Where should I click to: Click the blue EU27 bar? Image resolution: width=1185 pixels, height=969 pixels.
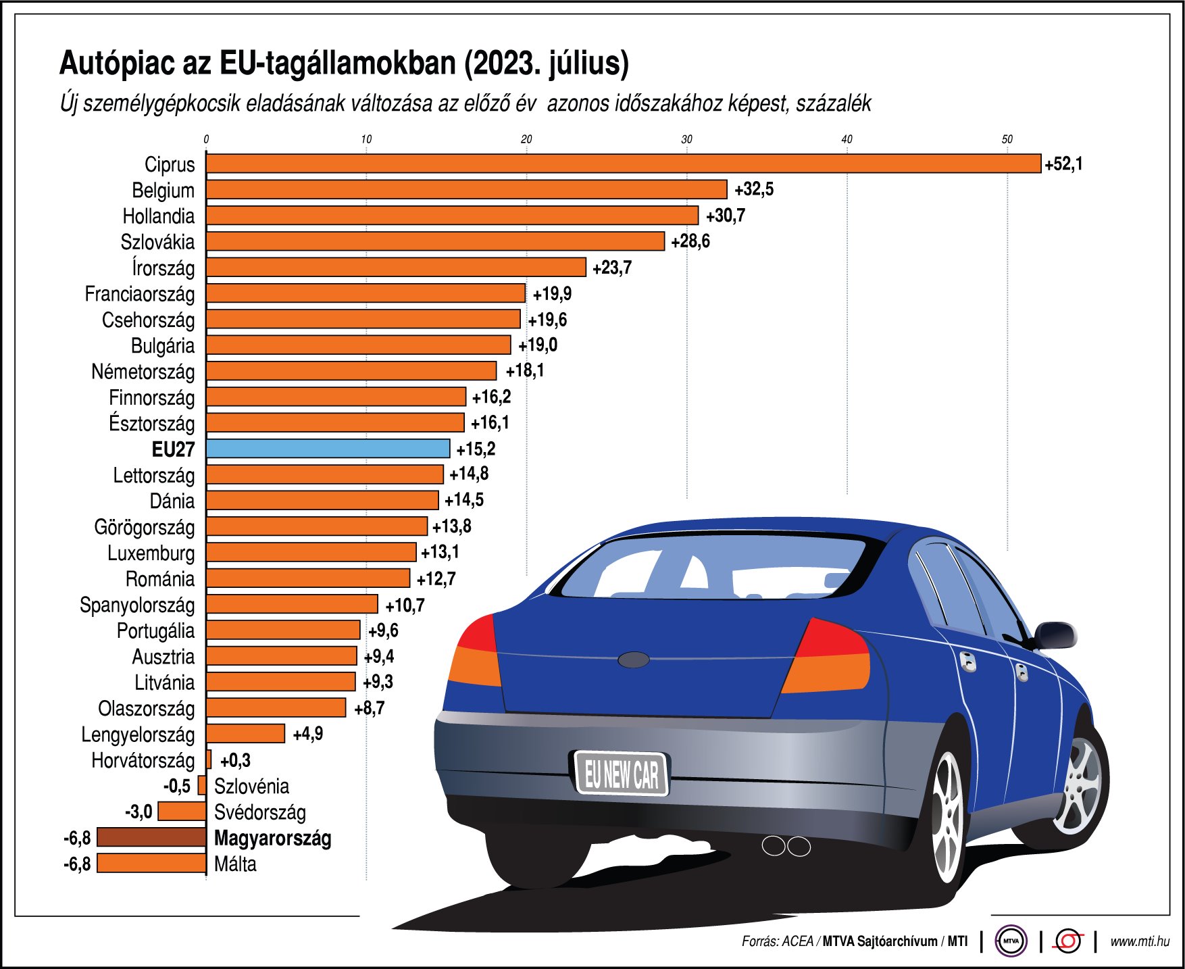328,449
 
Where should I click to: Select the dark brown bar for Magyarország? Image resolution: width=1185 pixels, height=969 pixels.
151,837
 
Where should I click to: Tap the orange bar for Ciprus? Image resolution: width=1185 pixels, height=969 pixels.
623,164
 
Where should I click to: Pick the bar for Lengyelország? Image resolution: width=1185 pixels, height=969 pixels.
245,733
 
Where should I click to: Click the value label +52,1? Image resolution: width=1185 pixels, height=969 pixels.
1063,164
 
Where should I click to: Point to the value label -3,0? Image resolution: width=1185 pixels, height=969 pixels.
138,811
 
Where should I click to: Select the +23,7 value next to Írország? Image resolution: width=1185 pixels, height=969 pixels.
612,268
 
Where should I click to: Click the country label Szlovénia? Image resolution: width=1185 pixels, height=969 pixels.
251,786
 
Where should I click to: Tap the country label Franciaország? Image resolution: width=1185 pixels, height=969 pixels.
140,294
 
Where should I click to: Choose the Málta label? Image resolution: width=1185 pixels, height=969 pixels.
235,864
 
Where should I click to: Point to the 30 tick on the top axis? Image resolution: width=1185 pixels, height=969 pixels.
686,139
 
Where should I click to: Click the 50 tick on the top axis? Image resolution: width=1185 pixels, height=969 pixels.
1007,139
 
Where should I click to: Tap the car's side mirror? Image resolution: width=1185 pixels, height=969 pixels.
1055,635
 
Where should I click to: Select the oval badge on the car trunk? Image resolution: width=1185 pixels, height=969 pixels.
633,660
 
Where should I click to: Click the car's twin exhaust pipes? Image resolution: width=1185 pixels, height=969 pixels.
786,845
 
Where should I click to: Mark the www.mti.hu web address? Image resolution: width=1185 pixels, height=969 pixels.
1140,941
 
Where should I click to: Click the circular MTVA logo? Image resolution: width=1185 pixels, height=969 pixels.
1011,941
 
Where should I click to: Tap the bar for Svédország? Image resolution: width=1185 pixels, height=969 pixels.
182,811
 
